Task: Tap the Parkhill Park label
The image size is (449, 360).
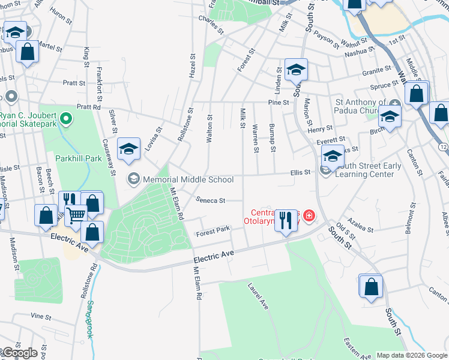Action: coord(79,158)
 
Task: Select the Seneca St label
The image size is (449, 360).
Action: coord(209,200)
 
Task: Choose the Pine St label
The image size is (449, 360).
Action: coord(279,103)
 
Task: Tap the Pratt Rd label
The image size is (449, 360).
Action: coord(89,107)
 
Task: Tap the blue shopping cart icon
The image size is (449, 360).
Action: coord(76,214)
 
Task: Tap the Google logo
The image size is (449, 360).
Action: coord(20,353)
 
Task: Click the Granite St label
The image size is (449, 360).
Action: coord(377,71)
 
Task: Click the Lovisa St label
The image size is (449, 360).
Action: coord(154,139)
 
